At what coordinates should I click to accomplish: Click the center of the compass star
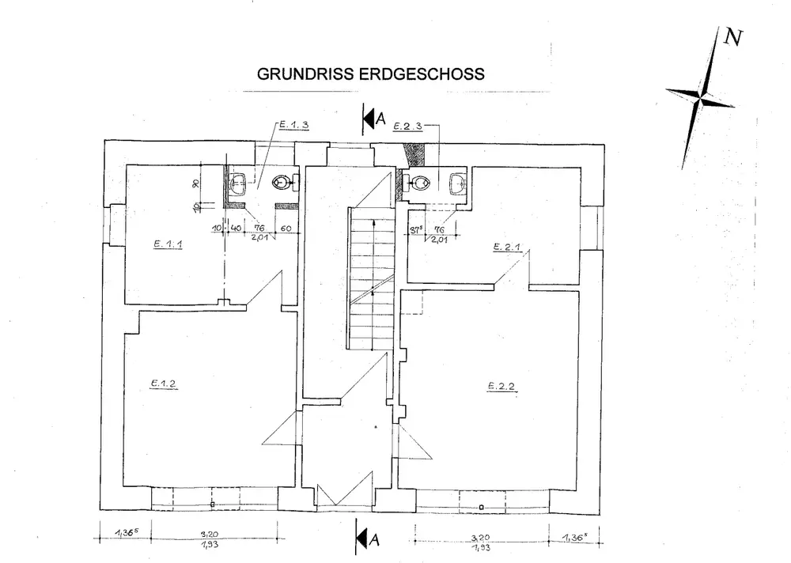(700, 99)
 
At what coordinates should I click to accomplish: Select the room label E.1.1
(168, 244)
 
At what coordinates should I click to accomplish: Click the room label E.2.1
(506, 247)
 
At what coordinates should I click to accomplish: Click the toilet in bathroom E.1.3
(280, 183)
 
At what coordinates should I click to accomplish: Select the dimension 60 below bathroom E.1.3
(286, 229)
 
